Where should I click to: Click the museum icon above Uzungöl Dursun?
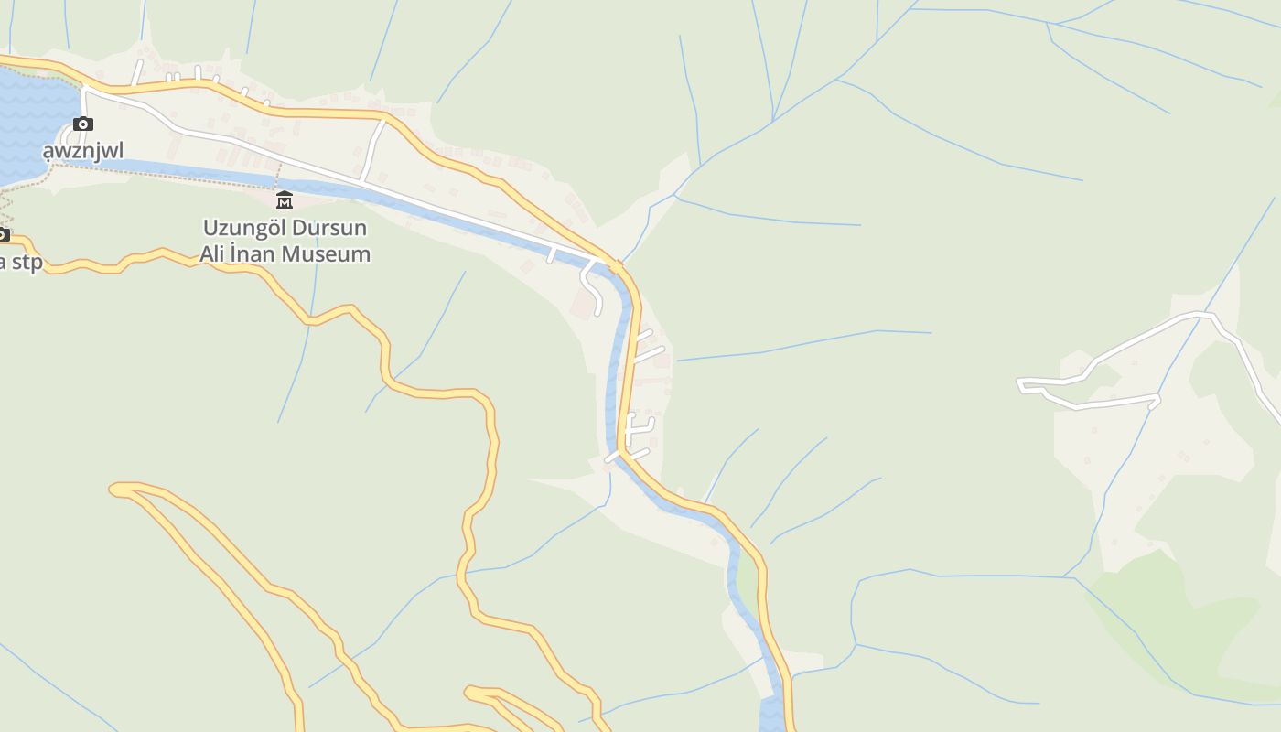[x=285, y=199]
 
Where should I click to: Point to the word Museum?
[x=328, y=254]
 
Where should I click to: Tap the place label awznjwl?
[x=83, y=150]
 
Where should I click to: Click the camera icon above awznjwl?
[x=83, y=124]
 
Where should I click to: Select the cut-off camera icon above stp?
[x=3, y=235]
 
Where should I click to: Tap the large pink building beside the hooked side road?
[x=583, y=305]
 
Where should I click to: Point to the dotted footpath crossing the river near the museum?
[x=276, y=174]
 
